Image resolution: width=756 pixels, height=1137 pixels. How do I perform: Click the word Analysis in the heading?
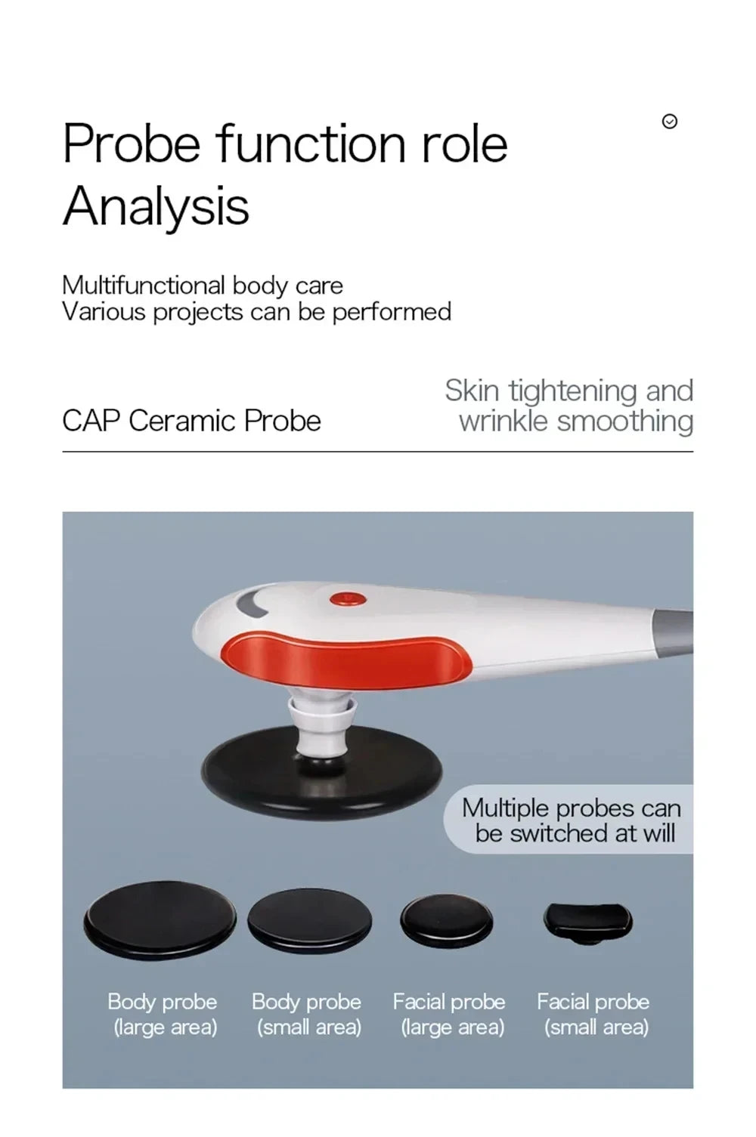(156, 205)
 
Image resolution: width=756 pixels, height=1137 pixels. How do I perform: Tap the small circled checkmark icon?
(669, 122)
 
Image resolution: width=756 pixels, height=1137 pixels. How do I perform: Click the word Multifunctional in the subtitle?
(143, 286)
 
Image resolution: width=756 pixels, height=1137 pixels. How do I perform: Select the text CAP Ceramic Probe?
(191, 421)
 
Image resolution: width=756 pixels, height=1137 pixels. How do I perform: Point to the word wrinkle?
(503, 422)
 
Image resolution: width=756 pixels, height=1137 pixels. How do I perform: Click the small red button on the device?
(348, 599)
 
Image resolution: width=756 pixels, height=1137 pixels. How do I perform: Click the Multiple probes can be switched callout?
(571, 820)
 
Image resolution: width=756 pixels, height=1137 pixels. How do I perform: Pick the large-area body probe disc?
(159, 919)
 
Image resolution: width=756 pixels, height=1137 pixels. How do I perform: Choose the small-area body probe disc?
(309, 920)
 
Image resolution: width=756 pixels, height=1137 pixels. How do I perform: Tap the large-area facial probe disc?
(446, 921)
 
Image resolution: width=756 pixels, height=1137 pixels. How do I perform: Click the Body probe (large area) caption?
(163, 1014)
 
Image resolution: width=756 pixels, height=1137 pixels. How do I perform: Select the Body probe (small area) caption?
(306, 1014)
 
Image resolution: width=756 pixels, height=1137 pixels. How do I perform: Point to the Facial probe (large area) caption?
(449, 1014)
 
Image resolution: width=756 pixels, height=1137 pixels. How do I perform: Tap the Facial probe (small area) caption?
(593, 1014)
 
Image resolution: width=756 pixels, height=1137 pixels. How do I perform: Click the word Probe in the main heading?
(131, 143)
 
